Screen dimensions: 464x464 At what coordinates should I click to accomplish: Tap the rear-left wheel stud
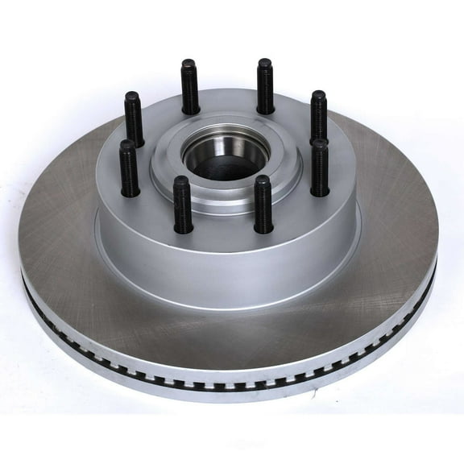[x=189, y=87]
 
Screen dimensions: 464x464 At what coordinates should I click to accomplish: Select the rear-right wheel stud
[x=265, y=87]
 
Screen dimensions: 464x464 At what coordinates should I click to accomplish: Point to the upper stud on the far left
[x=133, y=119]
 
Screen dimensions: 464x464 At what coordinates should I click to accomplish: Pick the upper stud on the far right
[x=318, y=118]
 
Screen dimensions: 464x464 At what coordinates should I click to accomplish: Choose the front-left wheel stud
[x=183, y=205]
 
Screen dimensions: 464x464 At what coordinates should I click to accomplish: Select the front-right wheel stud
[x=263, y=205]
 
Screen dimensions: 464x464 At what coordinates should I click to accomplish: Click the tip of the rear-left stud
[x=189, y=63]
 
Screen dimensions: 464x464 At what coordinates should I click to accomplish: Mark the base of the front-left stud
[x=184, y=229]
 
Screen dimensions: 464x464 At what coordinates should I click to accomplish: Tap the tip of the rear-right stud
[x=265, y=63]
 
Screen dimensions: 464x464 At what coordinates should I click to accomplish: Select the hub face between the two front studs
[x=223, y=222]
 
